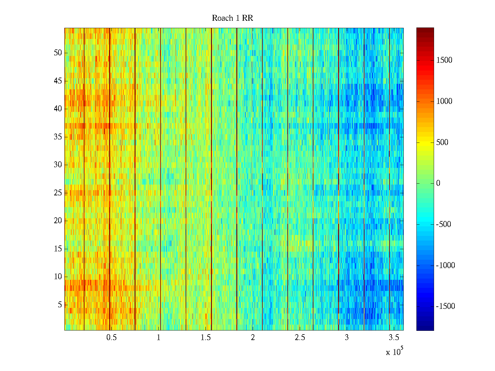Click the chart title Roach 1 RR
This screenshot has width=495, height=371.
232,18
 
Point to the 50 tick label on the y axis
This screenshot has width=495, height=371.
58,53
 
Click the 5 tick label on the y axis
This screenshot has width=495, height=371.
60,305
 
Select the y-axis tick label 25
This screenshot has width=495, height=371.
58,193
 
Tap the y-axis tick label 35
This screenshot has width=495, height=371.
58,137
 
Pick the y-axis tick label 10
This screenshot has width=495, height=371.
58,277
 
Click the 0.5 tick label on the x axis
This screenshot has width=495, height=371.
111,338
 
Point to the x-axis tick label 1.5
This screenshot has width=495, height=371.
205,338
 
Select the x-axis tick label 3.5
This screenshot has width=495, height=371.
394,338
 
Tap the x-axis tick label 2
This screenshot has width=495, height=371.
253,338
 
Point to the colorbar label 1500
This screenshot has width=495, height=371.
444,60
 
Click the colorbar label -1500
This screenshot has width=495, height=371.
445,306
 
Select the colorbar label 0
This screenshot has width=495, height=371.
438,183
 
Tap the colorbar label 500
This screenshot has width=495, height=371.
442,143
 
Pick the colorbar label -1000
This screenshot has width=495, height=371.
445,266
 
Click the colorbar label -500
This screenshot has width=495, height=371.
443,224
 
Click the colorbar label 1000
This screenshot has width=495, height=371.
444,101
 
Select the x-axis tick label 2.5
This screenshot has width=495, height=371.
300,338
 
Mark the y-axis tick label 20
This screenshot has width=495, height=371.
58,221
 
